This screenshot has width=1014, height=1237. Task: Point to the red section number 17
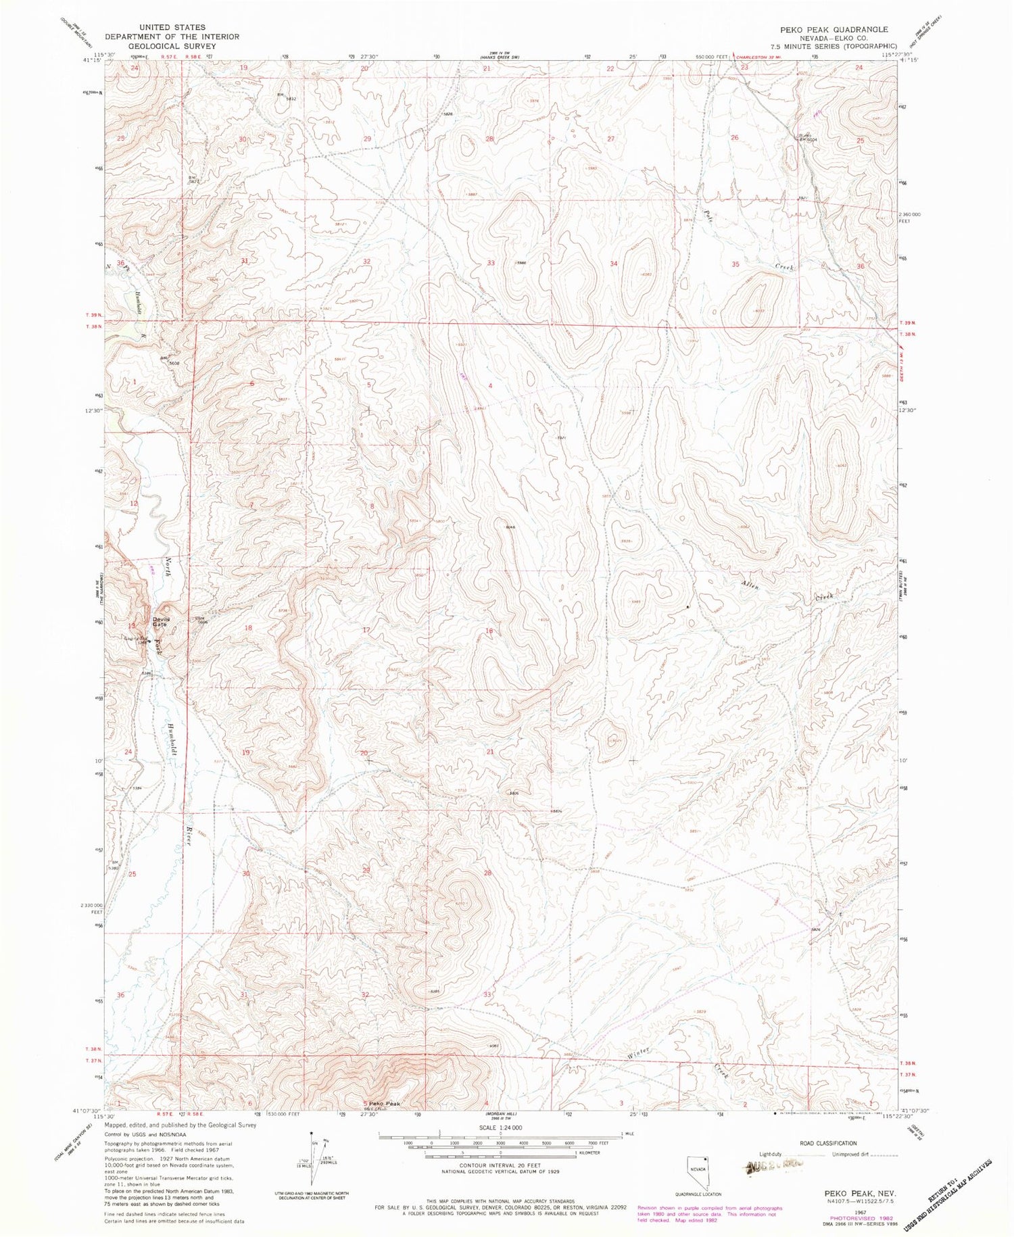tap(366, 630)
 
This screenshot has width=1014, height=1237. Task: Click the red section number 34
tap(614, 264)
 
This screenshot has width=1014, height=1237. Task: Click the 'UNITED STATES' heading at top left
tap(172, 28)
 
